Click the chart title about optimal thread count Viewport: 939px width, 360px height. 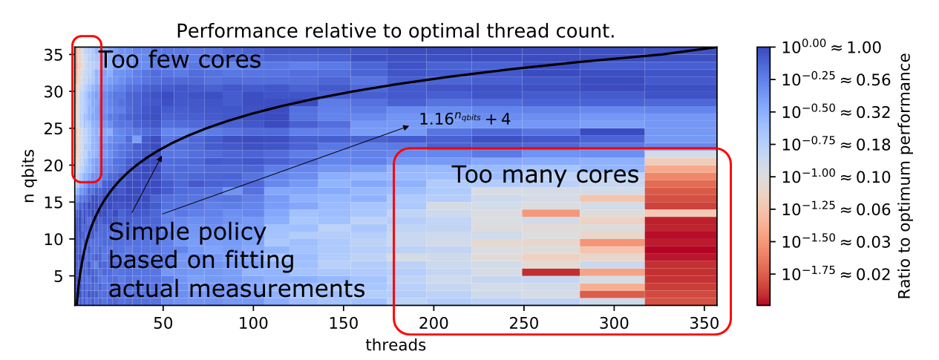point(396,32)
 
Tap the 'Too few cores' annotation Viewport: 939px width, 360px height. point(180,59)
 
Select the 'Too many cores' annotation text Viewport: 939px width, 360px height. point(545,175)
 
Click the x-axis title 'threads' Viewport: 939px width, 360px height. point(395,345)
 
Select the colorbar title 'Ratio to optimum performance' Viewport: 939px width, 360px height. point(905,176)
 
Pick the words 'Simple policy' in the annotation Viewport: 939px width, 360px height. point(187,232)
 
